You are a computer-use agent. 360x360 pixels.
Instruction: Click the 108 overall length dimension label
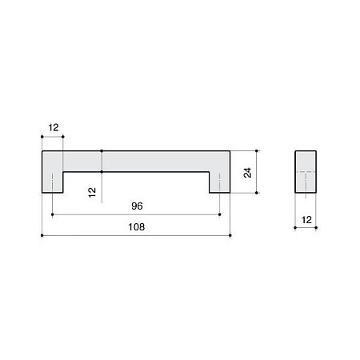[x=137, y=227]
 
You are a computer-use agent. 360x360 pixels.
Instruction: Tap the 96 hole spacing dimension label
[x=137, y=206]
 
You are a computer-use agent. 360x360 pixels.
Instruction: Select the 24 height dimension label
[x=247, y=173]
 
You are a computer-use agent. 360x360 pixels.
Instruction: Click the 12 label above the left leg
[x=54, y=127]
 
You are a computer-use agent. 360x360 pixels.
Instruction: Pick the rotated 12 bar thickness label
[x=92, y=192]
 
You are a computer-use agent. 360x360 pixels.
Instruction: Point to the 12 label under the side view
[x=306, y=220]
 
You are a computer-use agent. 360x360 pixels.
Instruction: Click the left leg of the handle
[x=52, y=182]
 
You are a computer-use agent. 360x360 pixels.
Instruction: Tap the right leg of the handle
[x=219, y=182]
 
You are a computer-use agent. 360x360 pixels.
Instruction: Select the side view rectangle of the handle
[x=306, y=172]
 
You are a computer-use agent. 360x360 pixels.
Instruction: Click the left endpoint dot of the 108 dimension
[x=42, y=235]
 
